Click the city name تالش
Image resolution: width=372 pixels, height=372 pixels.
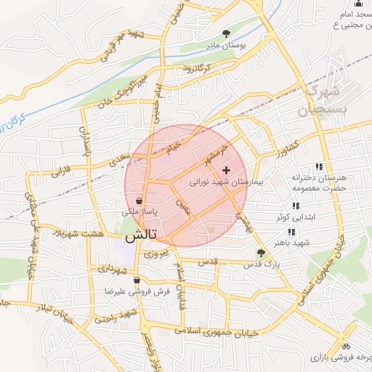tap(141, 236)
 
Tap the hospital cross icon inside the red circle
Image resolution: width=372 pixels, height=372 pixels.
tap(226, 169)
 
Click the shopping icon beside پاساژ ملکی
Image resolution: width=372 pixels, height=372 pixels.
tap(138, 201)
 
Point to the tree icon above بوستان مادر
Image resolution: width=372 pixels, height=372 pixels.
tap(227, 33)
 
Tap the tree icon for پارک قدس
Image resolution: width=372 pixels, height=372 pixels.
tap(261, 253)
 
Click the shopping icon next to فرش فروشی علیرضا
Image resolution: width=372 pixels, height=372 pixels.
tap(136, 280)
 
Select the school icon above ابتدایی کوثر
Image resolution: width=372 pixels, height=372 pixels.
tap(294, 206)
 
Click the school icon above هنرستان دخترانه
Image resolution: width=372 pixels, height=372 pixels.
tap(318, 166)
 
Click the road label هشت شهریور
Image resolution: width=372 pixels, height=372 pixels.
tap(77, 234)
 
